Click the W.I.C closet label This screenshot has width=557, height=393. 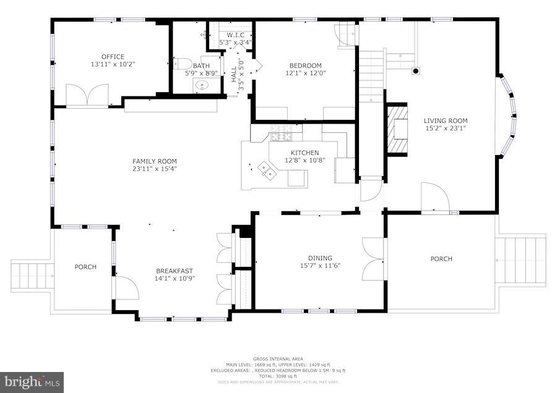(x=235, y=35)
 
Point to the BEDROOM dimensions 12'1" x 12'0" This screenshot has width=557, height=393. (x=305, y=73)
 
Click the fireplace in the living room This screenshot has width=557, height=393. (x=397, y=128)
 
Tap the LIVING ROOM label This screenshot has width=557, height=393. (x=445, y=120)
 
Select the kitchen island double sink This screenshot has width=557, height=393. (x=268, y=169)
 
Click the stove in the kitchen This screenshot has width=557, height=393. (x=281, y=136)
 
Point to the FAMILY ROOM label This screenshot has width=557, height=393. (x=154, y=161)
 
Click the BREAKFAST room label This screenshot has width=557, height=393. (x=174, y=271)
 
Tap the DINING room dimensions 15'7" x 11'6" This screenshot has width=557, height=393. (x=320, y=266)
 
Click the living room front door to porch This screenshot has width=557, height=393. (x=434, y=198)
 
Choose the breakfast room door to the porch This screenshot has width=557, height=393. (x=126, y=288)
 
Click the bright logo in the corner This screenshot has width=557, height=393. (x=32, y=382)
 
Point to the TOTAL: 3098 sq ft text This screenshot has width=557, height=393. (x=278, y=376)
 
